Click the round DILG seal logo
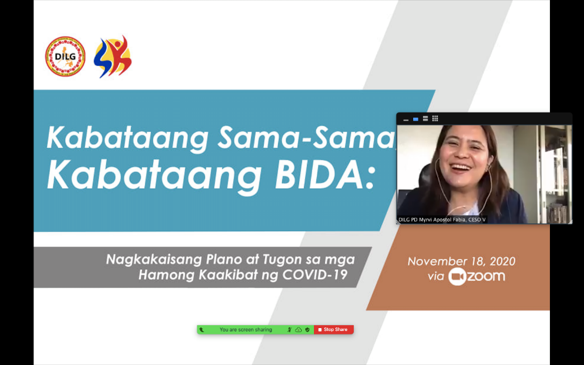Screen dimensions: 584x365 click(65, 57)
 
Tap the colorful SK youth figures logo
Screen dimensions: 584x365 click(113, 57)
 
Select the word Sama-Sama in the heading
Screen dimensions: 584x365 click(306, 138)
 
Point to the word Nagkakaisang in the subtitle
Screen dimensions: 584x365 click(154, 259)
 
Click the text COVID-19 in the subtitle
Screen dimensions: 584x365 click(315, 275)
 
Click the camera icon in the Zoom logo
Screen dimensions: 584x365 click(457, 276)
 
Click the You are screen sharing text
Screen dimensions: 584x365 click(246, 330)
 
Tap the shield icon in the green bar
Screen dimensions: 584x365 click(307, 330)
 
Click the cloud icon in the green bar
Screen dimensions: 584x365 click(298, 330)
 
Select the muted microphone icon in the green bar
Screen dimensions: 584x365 click(289, 330)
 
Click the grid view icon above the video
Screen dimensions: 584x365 click(435, 119)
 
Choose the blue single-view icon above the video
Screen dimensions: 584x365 click(415, 119)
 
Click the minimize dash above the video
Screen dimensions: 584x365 click(406, 120)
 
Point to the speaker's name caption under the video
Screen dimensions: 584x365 click(442, 220)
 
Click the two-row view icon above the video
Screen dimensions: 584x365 click(425, 119)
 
